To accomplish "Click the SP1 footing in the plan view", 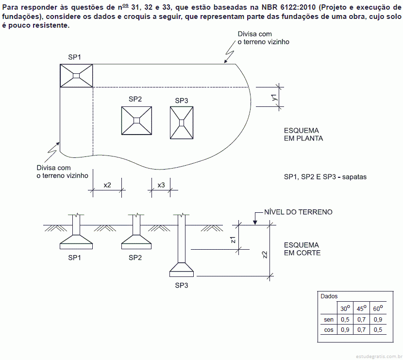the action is (76, 76).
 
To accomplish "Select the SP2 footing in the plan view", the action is (136, 120).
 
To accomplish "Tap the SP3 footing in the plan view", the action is (182, 123).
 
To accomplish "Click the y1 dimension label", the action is (274, 97).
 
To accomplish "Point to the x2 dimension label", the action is (107, 185).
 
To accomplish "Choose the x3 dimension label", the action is (161, 185).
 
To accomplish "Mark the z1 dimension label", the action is (233, 240).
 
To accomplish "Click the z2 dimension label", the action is (265, 255).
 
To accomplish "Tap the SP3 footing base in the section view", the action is (182, 270).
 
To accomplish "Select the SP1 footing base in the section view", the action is (76, 242).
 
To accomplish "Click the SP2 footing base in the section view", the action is (136, 242).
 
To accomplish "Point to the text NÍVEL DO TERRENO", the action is (299, 212).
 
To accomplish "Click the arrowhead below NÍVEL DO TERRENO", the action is (255, 223).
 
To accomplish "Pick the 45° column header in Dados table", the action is (361, 308).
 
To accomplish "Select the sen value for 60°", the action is (378, 320).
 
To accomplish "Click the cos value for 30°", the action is (345, 330).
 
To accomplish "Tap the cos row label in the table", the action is (329, 330).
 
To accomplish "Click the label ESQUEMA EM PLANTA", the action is (303, 135).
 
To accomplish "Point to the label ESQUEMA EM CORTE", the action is (302, 249).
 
